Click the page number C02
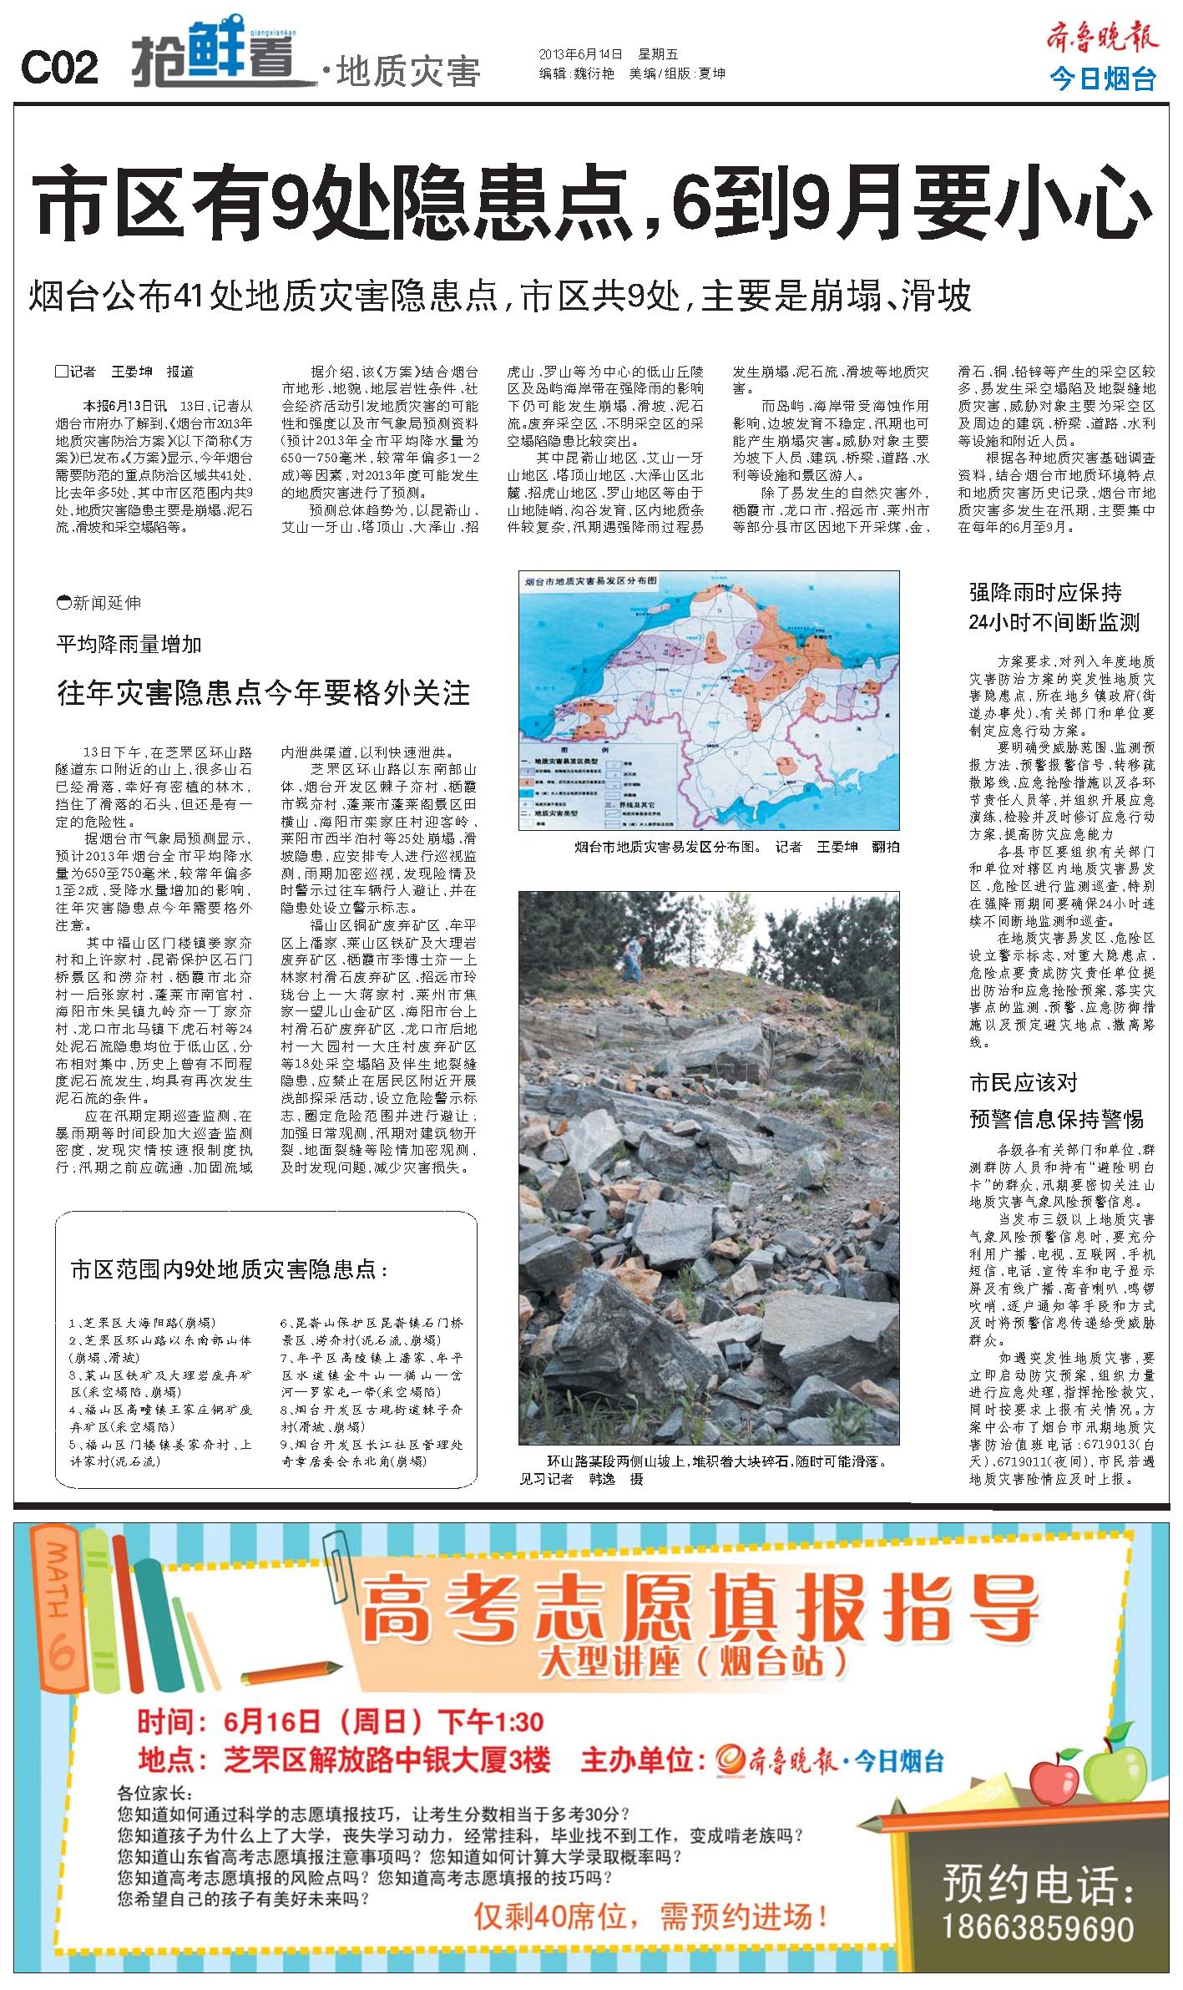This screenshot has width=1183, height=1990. point(58,68)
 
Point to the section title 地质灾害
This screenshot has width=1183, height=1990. point(408,73)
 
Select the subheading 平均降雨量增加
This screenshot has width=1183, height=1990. point(129,644)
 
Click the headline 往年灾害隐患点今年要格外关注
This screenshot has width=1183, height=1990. point(263,693)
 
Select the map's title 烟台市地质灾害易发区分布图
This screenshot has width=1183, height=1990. point(589,580)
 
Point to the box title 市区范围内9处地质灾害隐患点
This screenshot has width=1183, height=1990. point(229,1270)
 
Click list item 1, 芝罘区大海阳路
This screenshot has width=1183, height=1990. point(142,1323)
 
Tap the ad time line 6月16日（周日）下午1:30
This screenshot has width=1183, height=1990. point(341,1720)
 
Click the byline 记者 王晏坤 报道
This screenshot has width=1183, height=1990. point(124,371)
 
